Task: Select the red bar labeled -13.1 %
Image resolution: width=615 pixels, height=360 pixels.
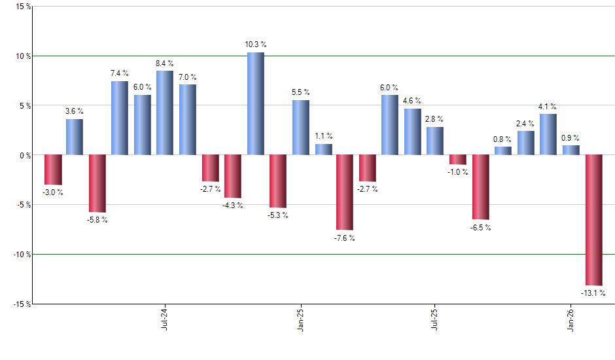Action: click(593, 220)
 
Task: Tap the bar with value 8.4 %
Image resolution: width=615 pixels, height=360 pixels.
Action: click(165, 113)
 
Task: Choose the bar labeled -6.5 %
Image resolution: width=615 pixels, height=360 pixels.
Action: click(481, 187)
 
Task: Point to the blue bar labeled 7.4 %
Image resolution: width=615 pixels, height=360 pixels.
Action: click(120, 118)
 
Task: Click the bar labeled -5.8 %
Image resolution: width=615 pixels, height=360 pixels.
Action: click(97, 184)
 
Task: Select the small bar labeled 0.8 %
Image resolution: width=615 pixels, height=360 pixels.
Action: click(503, 151)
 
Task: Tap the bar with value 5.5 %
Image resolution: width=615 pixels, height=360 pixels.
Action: click(301, 127)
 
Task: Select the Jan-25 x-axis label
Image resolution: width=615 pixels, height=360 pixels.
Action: click(300, 317)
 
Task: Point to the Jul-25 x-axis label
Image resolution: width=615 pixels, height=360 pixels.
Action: click(434, 317)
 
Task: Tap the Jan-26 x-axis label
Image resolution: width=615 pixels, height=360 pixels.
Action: click(571, 317)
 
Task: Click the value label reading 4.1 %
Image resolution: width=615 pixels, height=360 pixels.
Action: click(548, 106)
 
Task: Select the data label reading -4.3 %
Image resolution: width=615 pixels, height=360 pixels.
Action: click(233, 206)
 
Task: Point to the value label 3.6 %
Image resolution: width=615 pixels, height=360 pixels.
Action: click(74, 111)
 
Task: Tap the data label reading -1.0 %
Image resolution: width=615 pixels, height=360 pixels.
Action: click(458, 172)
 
